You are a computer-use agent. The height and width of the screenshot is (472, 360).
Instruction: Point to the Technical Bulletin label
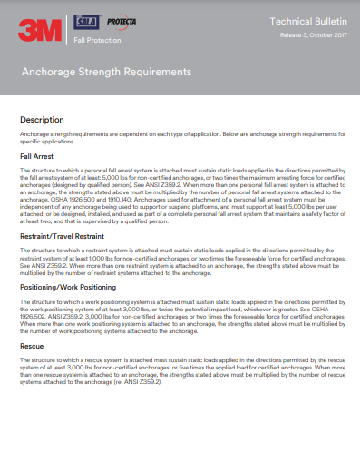click(301, 20)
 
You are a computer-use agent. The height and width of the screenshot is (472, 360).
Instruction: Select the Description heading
click(43, 119)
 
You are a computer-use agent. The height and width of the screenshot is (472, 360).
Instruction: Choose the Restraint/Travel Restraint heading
click(68, 236)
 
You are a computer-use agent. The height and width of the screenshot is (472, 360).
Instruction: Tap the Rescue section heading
click(33, 346)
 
